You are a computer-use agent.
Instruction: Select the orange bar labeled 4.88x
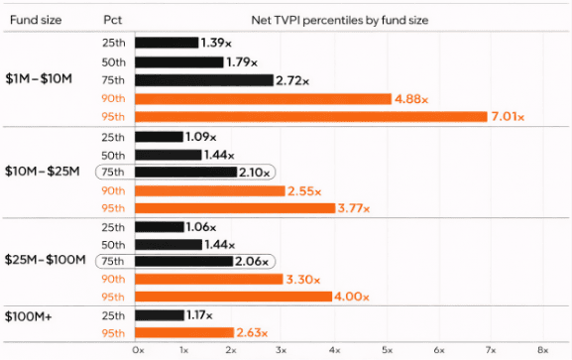pyautogui.click(x=263, y=98)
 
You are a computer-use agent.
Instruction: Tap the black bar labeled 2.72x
pyautogui.click(x=203, y=80)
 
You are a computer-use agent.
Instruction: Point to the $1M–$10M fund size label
pyautogui.click(x=38, y=80)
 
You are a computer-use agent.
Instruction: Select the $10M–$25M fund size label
pyautogui.click(x=40, y=172)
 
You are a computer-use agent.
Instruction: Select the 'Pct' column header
pyautogui.click(x=113, y=19)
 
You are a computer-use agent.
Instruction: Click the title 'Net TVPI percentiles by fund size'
pyautogui.click(x=339, y=19)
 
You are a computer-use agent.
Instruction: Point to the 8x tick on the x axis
pyautogui.click(x=541, y=350)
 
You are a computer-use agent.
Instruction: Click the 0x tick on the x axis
pyautogui.click(x=137, y=350)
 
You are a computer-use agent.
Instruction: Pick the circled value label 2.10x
pyautogui.click(x=256, y=172)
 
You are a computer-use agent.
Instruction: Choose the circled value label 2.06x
pyautogui.click(x=254, y=261)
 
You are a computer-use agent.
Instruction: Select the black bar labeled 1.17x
pyautogui.click(x=161, y=315)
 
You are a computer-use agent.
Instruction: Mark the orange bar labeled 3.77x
pyautogui.click(x=233, y=208)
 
